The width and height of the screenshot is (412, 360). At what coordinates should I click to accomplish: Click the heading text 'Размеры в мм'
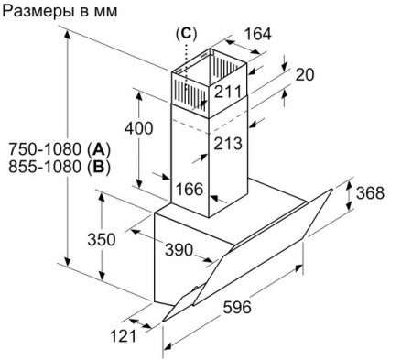[x=60, y=12]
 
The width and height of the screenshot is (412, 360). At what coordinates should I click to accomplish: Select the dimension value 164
[x=258, y=35]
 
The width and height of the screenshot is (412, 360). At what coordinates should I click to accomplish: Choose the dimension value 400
[x=138, y=129]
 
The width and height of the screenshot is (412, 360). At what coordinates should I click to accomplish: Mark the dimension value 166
[x=188, y=190]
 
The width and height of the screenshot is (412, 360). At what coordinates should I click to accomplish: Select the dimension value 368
[x=370, y=193]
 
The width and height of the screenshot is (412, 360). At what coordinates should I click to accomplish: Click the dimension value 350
[x=101, y=240]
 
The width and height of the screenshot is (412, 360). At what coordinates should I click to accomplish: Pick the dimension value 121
[x=123, y=336]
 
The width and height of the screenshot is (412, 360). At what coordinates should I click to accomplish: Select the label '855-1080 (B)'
[x=59, y=168]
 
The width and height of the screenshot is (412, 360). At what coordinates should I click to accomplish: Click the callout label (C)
[x=186, y=34]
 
